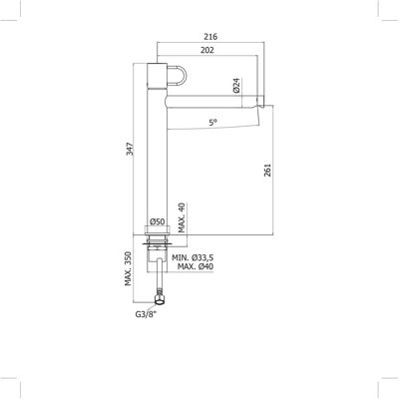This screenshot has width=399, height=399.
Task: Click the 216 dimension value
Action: click(210, 37)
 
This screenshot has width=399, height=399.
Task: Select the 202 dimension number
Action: click(207, 50)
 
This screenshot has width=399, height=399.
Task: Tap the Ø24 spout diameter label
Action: click(236, 85)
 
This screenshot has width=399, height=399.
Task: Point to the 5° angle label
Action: click(213, 123)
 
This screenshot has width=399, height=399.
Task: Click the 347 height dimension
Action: click(130, 149)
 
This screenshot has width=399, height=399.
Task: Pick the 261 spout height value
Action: click(268, 170)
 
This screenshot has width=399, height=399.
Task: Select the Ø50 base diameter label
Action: click(157, 221)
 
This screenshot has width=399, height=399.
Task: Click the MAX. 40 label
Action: click(182, 217)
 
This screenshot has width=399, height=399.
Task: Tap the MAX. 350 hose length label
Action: click(129, 268)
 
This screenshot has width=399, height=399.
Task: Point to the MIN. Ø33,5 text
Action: click(193, 257)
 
